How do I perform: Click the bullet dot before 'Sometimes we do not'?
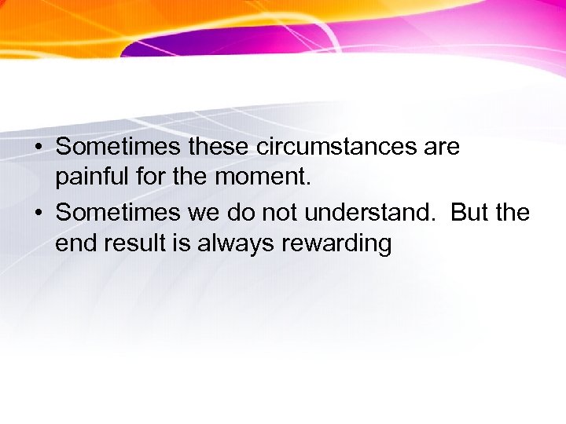tap(37, 213)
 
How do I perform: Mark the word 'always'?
tap(232, 244)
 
